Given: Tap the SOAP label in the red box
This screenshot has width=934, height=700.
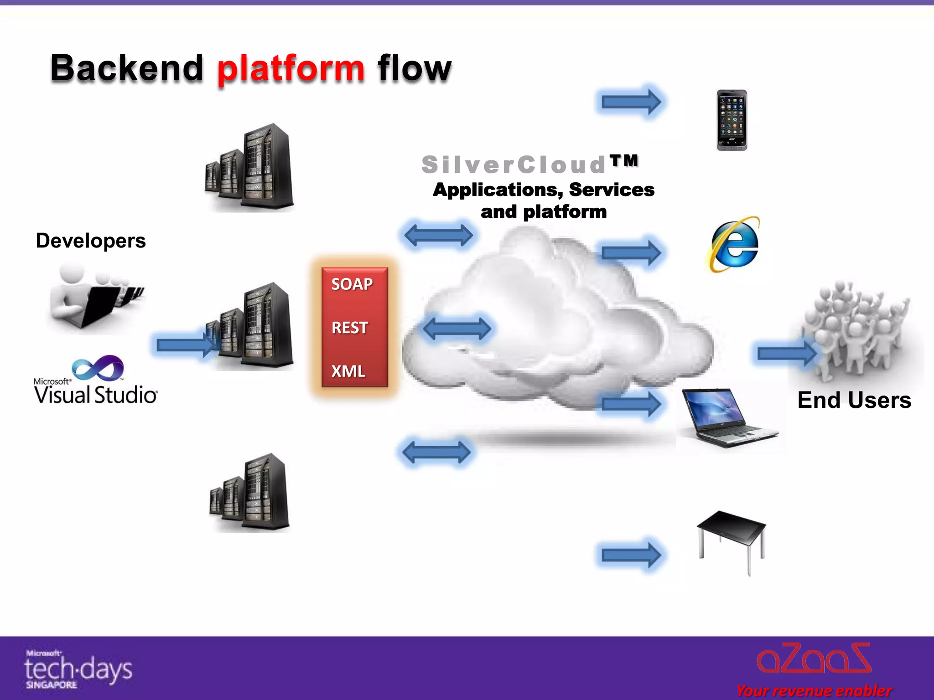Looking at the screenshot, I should click(352, 284).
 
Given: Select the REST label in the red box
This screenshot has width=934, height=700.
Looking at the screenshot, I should click(349, 328).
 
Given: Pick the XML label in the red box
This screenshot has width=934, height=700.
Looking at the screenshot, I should click(348, 371).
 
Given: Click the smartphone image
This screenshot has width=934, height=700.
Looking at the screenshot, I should click(732, 120).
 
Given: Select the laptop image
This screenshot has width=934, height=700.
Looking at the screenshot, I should click(727, 417).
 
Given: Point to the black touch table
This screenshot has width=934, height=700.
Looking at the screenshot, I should click(732, 538).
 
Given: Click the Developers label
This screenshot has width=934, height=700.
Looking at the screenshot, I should click(91, 241).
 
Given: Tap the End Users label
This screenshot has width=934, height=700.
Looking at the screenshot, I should click(854, 400).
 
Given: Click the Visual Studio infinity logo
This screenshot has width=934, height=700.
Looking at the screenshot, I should click(98, 368).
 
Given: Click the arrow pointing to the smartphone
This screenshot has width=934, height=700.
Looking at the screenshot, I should click(631, 102).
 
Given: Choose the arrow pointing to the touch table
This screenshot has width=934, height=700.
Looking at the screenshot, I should click(631, 555).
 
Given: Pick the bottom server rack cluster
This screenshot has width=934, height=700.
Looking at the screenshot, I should click(250, 494).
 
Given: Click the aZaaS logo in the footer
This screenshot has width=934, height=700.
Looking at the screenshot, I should click(814, 659).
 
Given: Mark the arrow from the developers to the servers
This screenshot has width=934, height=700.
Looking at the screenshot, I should click(185, 345).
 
